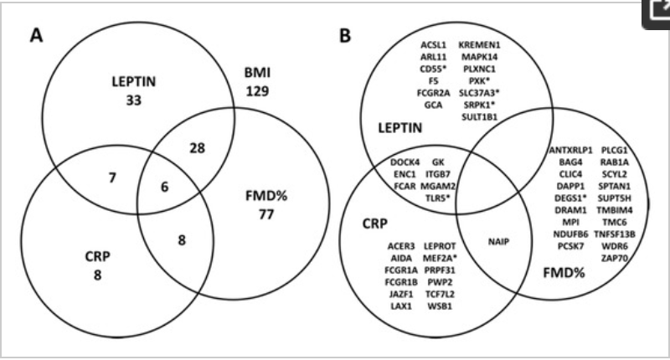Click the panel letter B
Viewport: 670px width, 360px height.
(344, 36)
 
